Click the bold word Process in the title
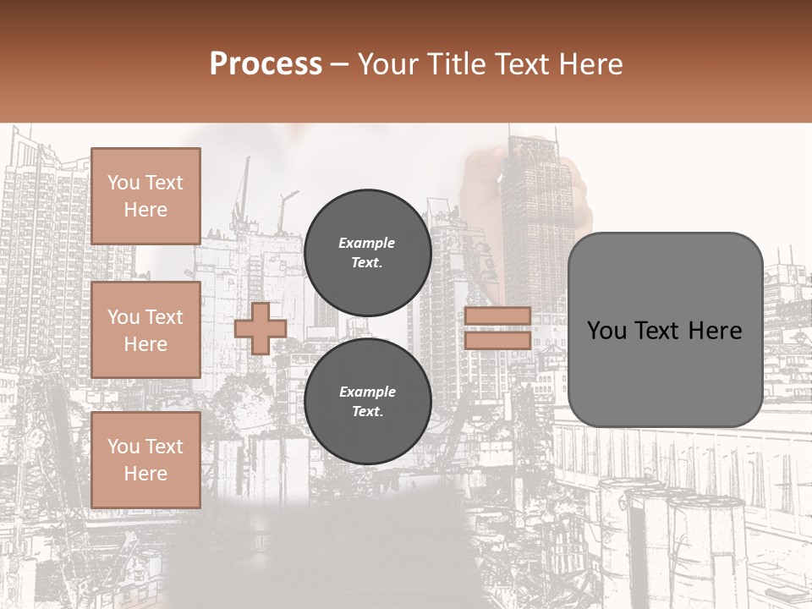[x=266, y=64]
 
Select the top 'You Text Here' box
[x=145, y=196]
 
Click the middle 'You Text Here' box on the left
[x=145, y=330]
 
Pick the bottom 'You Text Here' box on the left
[x=145, y=459]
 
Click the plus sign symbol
[x=261, y=328]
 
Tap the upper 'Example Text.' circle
[x=367, y=252]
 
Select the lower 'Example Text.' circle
[x=367, y=401]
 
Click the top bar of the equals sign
[x=497, y=316]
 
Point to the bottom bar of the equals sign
[x=497, y=340]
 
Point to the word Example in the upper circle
[x=367, y=243]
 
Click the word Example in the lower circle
[x=367, y=392]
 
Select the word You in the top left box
[x=123, y=183]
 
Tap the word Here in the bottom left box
[x=145, y=474]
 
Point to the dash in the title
[x=340, y=64]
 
